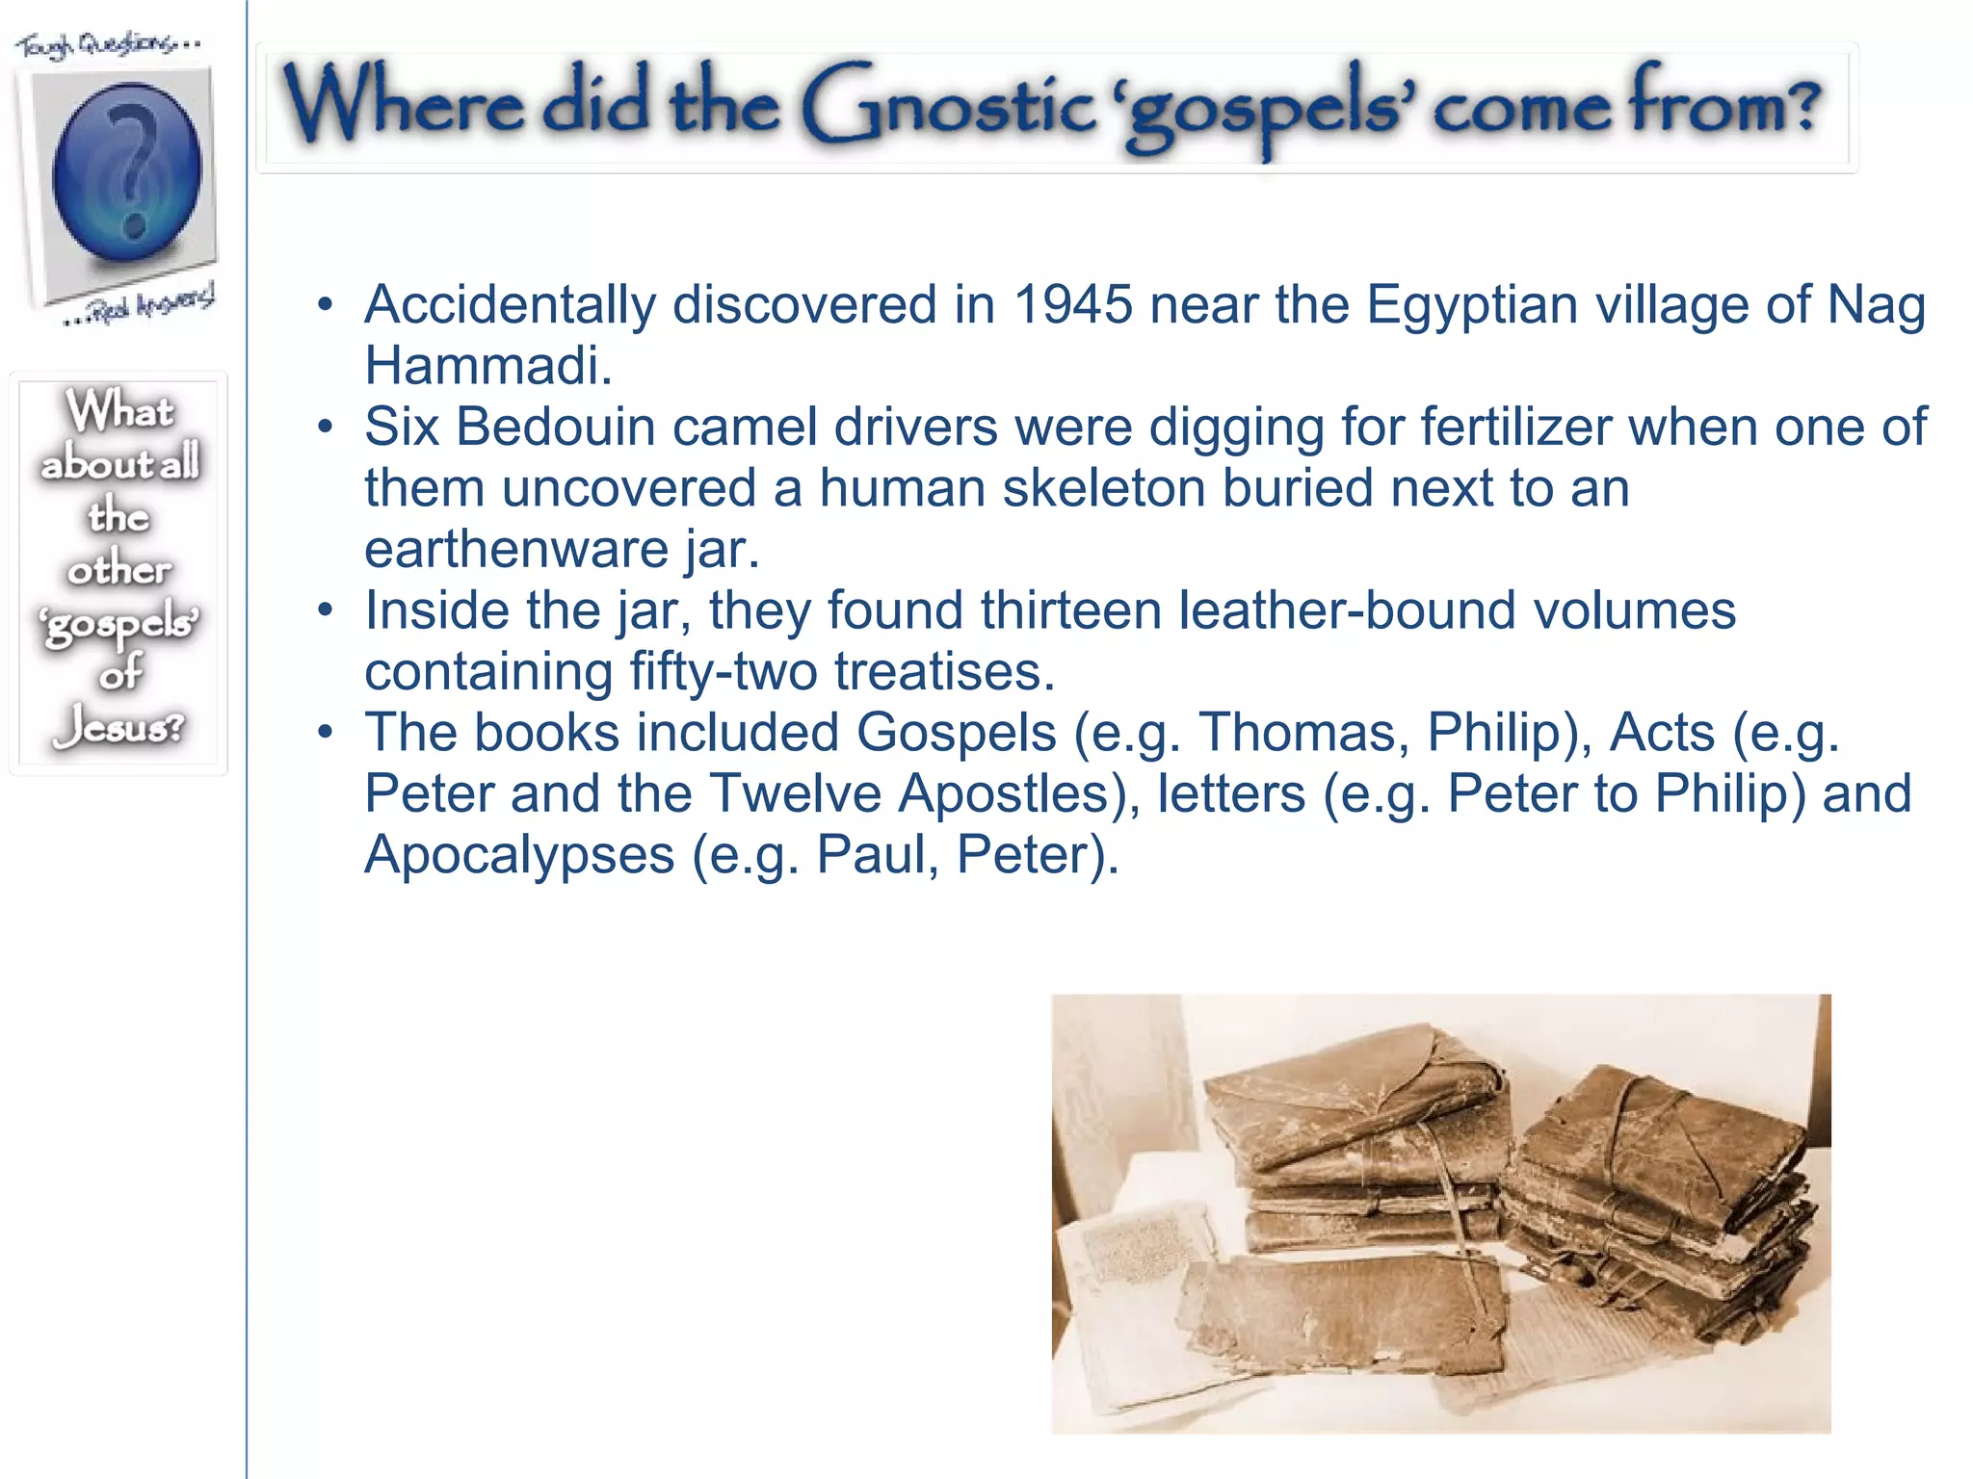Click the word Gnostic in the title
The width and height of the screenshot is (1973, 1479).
949,104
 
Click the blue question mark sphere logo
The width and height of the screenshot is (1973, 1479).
126,173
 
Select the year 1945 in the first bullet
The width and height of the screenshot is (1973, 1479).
1073,305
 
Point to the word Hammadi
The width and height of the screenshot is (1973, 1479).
487,367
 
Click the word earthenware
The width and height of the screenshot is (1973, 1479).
516,550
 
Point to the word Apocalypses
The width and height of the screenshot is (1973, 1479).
519,855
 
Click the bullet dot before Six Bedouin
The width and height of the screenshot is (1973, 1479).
326,427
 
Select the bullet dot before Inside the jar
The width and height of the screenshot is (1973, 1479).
326,610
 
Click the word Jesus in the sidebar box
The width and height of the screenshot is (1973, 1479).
118,727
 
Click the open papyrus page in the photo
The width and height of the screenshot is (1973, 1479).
1127,1281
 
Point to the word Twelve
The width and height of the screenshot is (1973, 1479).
795,794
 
